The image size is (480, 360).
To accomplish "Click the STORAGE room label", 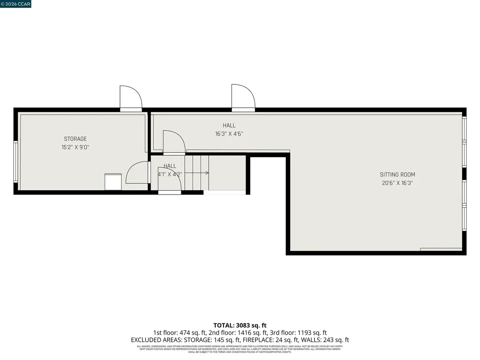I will tap(75, 139).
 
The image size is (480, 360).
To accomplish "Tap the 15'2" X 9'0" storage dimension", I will tap(75, 147).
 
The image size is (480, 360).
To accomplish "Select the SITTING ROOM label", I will tap(397, 175).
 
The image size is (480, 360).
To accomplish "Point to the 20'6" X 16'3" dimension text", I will tap(397, 183).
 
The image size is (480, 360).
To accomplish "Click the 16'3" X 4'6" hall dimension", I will tap(229, 134).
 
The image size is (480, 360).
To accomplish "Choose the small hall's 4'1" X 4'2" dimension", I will tap(170, 174).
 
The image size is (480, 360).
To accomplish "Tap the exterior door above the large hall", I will tap(243, 97).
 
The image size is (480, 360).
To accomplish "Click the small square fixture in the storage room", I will tap(113, 181).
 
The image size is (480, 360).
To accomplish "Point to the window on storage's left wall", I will tap(15, 162).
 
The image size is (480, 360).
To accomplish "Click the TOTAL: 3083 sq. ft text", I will tap(240, 325).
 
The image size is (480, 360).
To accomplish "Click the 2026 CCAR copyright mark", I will tap(15, 4).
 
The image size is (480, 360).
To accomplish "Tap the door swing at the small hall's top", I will tap(173, 142).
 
